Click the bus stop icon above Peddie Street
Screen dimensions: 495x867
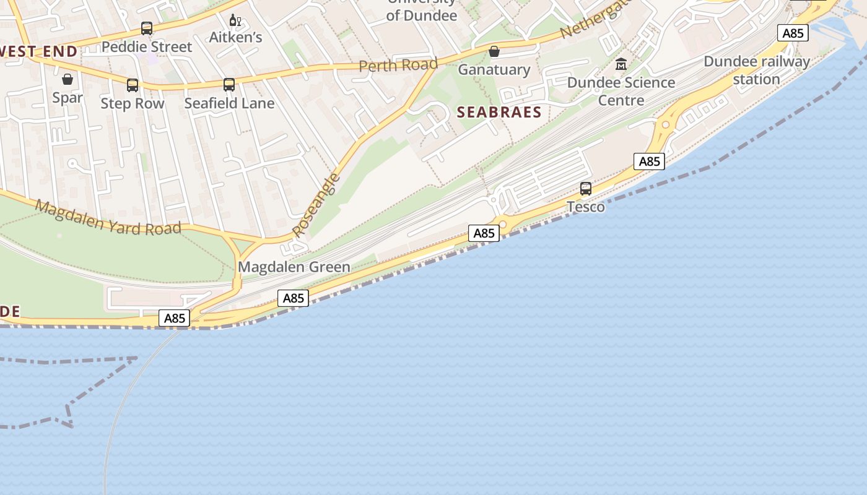click(147, 28)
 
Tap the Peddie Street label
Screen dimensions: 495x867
click(147, 46)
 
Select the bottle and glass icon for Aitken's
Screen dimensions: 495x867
click(235, 20)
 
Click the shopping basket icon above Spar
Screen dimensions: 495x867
click(68, 79)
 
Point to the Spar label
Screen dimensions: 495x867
click(68, 97)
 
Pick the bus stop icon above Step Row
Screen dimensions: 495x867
click(133, 85)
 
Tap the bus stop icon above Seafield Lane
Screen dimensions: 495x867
click(229, 85)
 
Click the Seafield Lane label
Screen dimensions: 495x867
click(229, 103)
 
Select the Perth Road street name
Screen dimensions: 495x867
click(398, 65)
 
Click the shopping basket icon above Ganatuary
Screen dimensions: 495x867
click(494, 51)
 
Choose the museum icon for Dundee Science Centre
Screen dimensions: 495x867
click(621, 64)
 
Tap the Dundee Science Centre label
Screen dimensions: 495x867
click(621, 91)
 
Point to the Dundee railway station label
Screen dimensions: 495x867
click(757, 70)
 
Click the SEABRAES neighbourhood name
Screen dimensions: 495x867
click(499, 112)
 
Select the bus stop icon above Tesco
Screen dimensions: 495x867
click(586, 189)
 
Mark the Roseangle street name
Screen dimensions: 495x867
click(316, 205)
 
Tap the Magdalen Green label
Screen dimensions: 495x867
click(294, 267)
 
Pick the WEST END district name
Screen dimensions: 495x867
click(38, 51)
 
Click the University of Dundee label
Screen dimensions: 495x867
click(422, 10)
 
